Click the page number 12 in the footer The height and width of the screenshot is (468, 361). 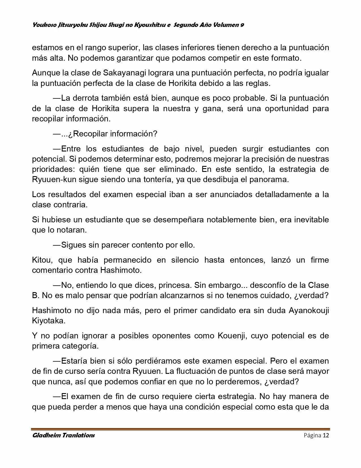click(326, 435)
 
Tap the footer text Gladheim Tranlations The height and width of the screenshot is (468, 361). click(63, 435)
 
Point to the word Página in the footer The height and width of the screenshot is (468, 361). click(312, 435)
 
